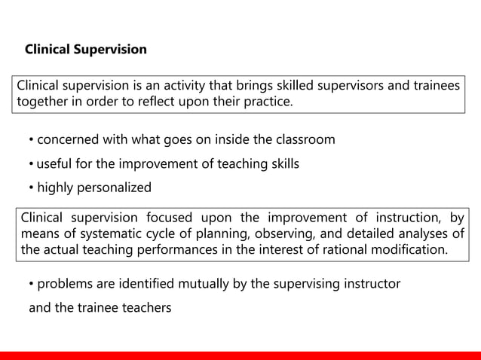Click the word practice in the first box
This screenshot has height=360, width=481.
pyautogui.click(x=266, y=102)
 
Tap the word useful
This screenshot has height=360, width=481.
pyautogui.click(x=54, y=163)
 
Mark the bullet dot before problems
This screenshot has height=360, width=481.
pyautogui.click(x=32, y=285)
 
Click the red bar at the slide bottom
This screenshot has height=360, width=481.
pyautogui.click(x=240, y=355)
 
